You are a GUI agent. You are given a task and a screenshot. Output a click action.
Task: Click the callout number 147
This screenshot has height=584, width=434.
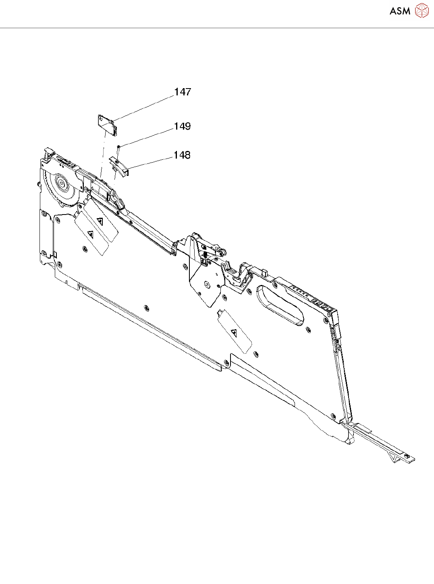[x=183, y=92]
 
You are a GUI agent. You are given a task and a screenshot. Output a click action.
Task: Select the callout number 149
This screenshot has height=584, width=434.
[x=182, y=126]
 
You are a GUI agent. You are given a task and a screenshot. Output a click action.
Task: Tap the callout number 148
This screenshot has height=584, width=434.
[x=182, y=155]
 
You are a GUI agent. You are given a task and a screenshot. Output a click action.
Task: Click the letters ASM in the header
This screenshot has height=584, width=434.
[x=400, y=11]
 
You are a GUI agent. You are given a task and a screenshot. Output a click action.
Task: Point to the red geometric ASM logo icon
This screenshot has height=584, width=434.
[x=422, y=11]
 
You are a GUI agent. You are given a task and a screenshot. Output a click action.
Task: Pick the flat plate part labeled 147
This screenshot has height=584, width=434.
[x=107, y=124]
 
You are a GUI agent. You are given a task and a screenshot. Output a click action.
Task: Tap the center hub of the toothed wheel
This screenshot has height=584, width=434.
[x=62, y=184]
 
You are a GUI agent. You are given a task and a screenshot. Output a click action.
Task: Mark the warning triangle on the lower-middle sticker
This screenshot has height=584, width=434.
[x=234, y=332]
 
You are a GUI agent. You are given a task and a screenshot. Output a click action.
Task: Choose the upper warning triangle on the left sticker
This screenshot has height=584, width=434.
[x=100, y=221]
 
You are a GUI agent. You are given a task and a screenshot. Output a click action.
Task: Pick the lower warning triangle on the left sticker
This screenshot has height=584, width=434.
[x=90, y=233]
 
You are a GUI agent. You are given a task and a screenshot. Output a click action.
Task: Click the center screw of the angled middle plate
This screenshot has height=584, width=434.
[x=206, y=284]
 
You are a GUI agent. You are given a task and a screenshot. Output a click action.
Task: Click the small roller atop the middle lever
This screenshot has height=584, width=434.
[x=222, y=252]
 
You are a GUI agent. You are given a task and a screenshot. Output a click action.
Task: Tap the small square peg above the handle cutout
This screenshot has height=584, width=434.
[x=265, y=272]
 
